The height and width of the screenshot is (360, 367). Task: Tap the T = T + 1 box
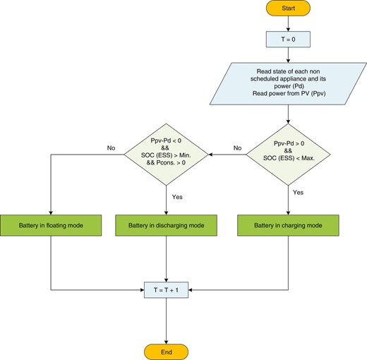pyautogui.click(x=166, y=290)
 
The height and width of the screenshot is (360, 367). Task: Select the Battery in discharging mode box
pyautogui.click(x=166, y=225)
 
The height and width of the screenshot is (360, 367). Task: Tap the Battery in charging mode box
pyautogui.click(x=289, y=225)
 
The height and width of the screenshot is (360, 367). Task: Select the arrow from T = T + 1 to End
pyautogui.click(x=166, y=320)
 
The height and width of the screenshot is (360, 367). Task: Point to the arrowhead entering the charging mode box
pyautogui.click(x=289, y=212)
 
